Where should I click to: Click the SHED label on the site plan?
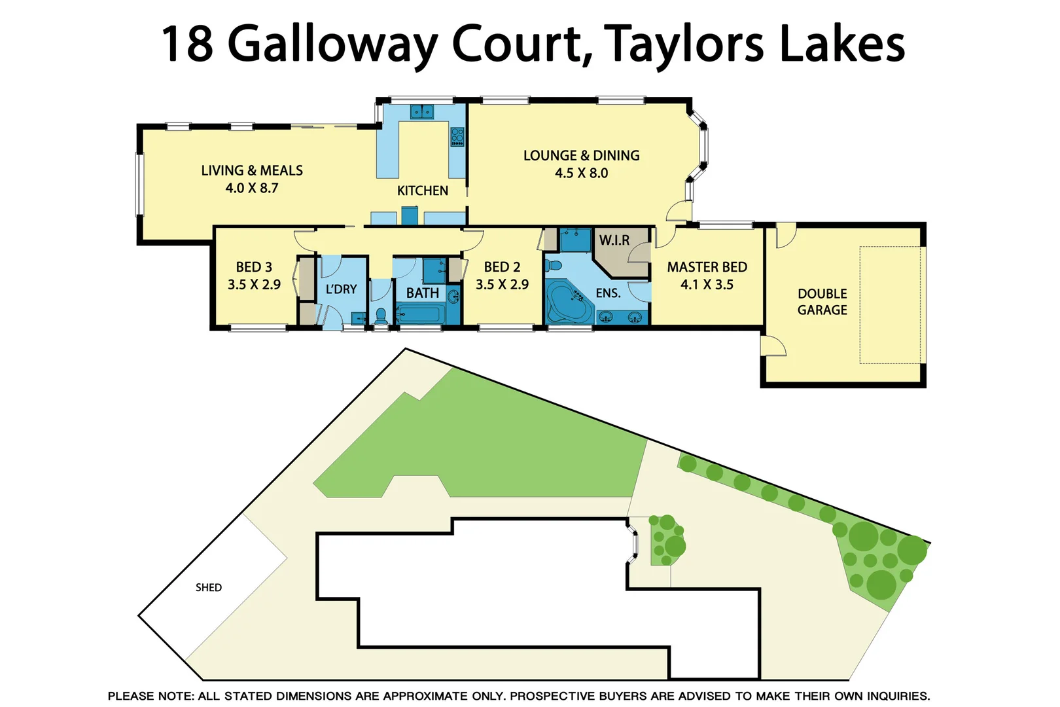pos(209,588)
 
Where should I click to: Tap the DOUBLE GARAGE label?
pos(822,302)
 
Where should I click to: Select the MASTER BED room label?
pos(707,267)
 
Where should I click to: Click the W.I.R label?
pos(614,240)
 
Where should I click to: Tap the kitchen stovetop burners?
pos(457,136)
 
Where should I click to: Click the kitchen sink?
pos(422,112)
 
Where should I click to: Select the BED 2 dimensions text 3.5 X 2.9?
pos(502,285)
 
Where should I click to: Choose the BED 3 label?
pos(254,267)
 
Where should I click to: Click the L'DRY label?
pos(341,289)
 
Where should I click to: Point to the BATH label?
pos(422,293)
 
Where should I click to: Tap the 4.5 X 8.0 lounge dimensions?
pos(581,173)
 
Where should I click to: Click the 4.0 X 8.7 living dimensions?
pos(252,189)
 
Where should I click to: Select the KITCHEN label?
pos(423,190)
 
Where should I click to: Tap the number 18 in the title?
pos(187,45)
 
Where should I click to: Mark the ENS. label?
pos(608,293)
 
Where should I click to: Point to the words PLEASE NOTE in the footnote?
pos(150,696)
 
